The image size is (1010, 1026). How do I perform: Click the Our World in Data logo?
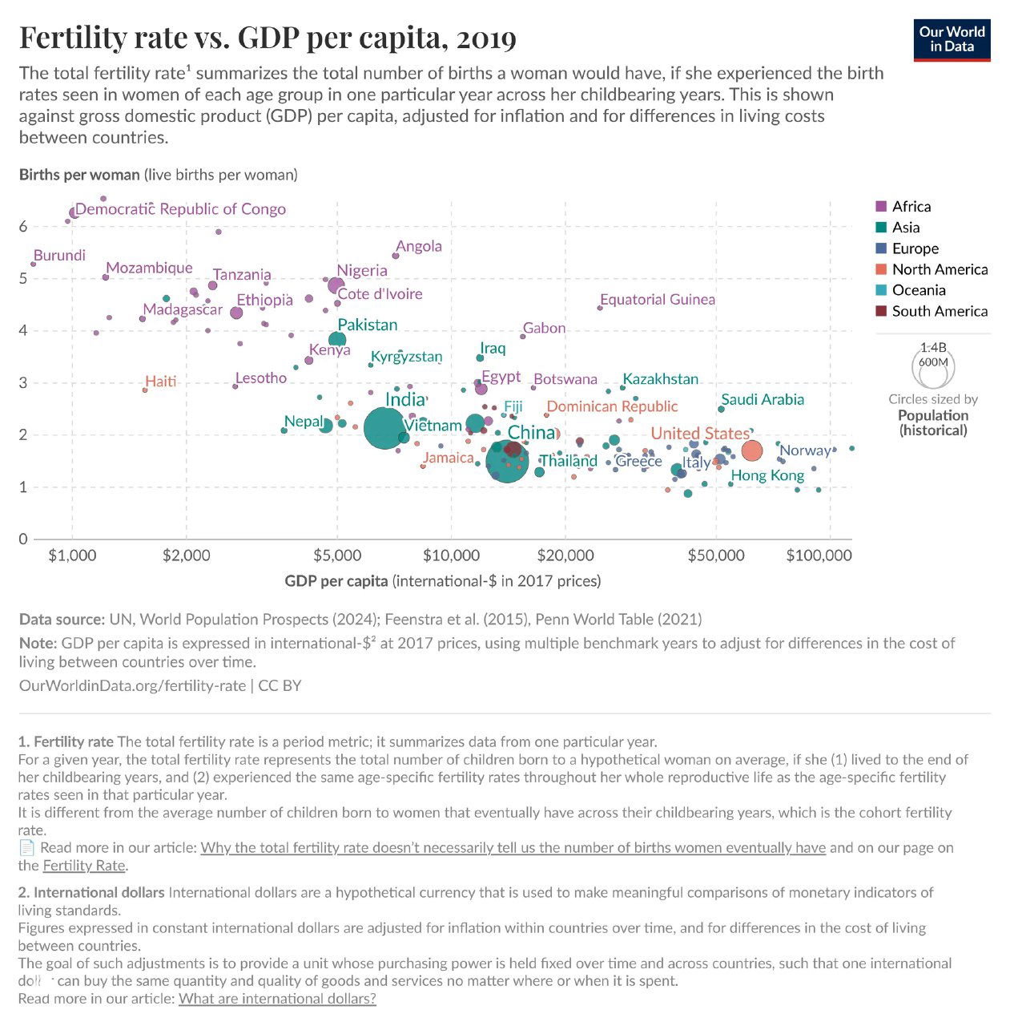tap(952, 39)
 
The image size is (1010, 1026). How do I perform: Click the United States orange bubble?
tap(751, 450)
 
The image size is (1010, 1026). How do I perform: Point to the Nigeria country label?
tap(362, 271)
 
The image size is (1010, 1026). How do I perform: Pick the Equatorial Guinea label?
tap(658, 300)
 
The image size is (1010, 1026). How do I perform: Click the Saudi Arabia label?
tap(763, 399)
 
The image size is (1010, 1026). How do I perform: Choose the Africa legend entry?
tap(911, 207)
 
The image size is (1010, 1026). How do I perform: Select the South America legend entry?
tap(939, 311)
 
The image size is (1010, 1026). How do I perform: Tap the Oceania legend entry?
tap(918, 290)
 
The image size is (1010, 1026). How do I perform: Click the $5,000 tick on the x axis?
tap(337, 555)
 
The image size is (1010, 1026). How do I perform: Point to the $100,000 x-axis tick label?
tap(819, 555)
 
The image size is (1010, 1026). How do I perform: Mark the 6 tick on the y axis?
tap(23, 227)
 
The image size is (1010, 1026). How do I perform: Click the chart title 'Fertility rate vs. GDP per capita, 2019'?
tap(268, 38)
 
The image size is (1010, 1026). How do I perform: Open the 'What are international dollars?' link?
tap(277, 999)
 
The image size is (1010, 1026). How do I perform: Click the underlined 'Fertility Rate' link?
tap(84, 866)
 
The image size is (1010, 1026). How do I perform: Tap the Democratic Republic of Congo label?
tap(180, 209)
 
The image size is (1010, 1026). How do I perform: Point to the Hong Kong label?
tap(767, 476)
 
